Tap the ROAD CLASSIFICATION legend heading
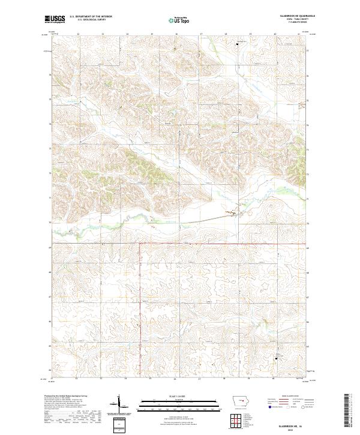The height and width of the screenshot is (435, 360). click(x=287, y=397)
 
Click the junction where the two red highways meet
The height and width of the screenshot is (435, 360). click(x=140, y=244)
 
